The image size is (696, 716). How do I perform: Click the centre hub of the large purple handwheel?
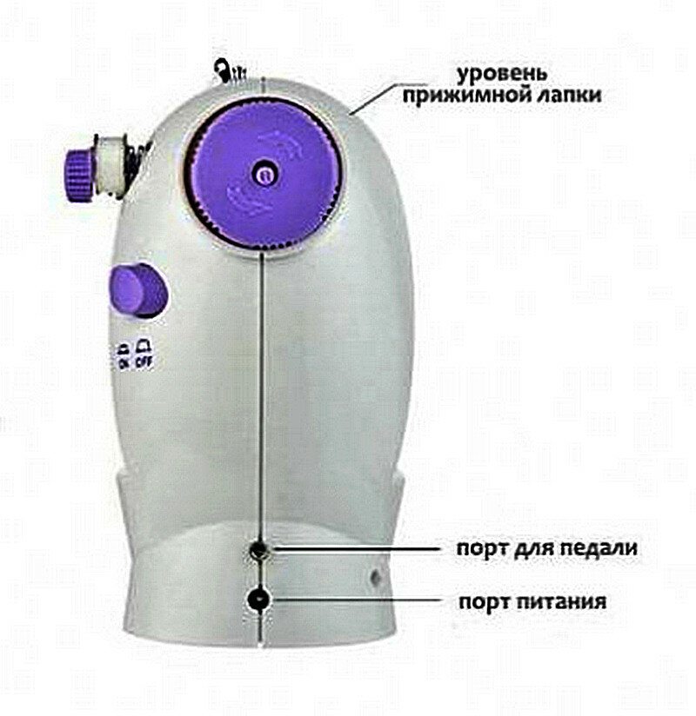[x=262, y=173]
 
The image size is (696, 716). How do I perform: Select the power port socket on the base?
[x=258, y=600]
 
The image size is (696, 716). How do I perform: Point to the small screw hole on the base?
[x=375, y=575]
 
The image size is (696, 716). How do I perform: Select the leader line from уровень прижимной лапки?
[x=374, y=97]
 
